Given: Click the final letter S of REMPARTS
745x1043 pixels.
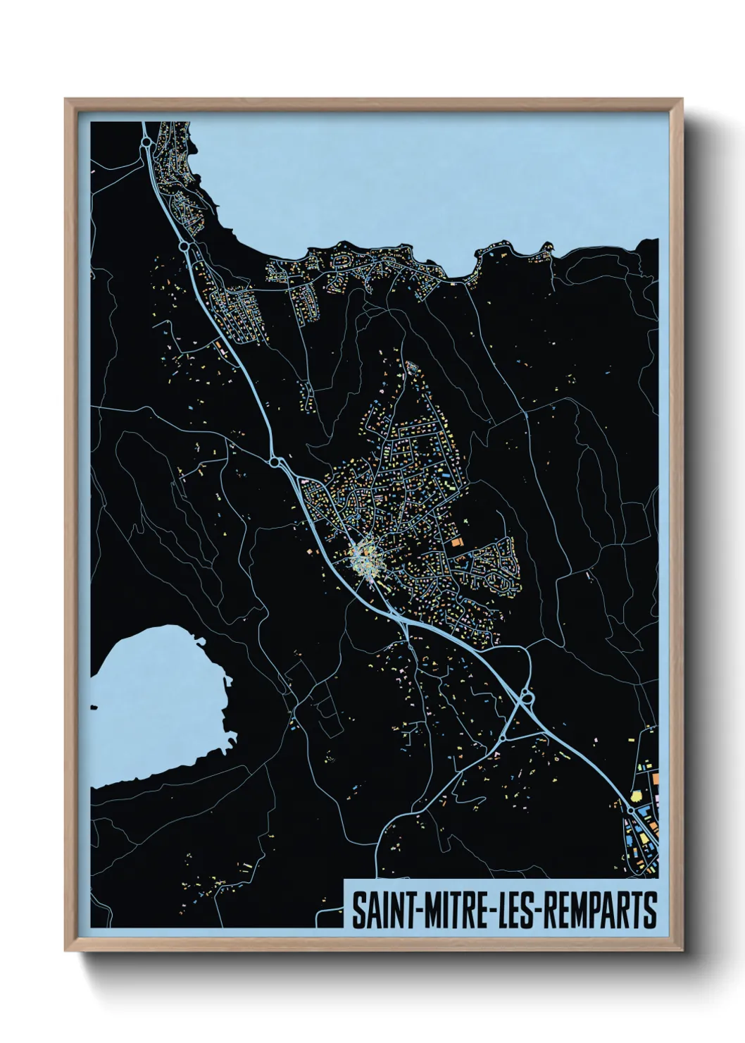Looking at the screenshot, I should (x=650, y=911).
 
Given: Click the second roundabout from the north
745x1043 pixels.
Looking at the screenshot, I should (x=184, y=247).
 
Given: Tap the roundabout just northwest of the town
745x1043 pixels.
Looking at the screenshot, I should (x=275, y=462).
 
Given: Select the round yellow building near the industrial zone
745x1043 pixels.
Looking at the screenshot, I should (x=637, y=796).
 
